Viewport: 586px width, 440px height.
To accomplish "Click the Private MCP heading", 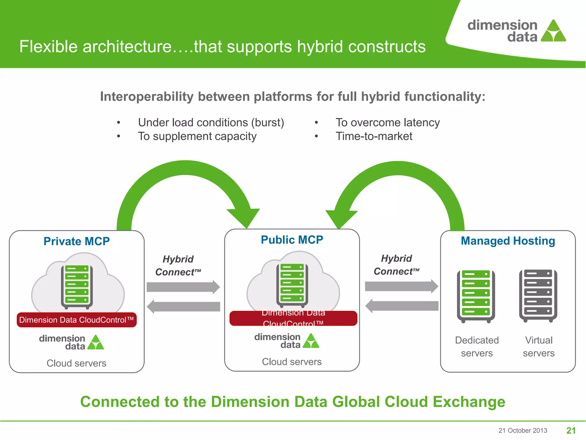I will (x=76, y=241).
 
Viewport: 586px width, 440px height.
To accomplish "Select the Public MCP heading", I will (x=292, y=240).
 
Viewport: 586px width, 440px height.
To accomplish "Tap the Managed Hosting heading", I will (x=508, y=241).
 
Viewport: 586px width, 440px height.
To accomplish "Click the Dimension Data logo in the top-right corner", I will (x=516, y=31).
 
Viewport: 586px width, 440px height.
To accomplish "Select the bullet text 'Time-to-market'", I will (x=374, y=136).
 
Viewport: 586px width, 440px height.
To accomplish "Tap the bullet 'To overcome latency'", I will (x=387, y=123).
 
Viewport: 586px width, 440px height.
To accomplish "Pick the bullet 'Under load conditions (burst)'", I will (x=211, y=123).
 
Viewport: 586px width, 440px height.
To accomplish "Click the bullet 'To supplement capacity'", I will (x=197, y=136).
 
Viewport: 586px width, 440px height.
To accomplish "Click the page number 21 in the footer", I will (x=571, y=430).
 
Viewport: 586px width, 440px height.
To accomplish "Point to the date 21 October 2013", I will (x=522, y=431).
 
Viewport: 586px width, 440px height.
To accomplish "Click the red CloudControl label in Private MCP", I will (x=76, y=320).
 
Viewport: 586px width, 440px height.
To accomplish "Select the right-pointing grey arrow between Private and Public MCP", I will (x=183, y=287).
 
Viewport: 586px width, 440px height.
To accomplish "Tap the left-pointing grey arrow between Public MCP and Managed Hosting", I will (x=401, y=306).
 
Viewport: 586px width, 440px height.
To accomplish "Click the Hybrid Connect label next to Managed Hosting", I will (x=396, y=265).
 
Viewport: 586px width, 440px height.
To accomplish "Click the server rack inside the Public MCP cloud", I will (x=292, y=285).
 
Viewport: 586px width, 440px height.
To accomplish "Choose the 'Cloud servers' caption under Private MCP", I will (x=76, y=363).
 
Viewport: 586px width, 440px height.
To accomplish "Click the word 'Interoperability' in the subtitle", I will (x=147, y=97).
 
